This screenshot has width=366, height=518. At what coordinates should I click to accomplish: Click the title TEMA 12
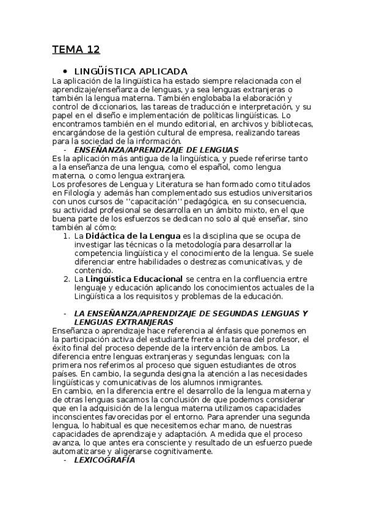(76, 49)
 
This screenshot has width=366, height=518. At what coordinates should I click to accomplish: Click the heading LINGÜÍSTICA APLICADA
(130, 71)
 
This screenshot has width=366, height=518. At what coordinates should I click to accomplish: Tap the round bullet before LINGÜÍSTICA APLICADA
(65, 71)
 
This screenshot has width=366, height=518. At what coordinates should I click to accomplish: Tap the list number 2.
(66, 279)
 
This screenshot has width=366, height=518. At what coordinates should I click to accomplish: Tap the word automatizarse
(81, 451)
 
